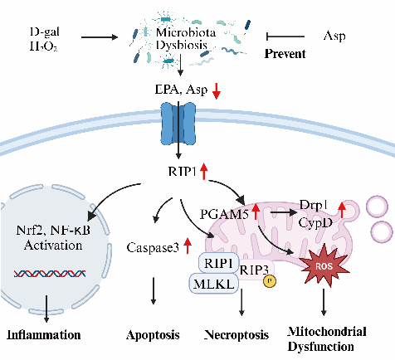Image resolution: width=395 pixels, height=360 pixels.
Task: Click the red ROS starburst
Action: (324, 266)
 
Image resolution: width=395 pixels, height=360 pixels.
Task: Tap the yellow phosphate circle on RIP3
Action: (270, 281)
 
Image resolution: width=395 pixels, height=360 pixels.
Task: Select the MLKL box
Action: (213, 284)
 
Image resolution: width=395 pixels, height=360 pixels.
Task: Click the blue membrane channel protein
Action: (178, 124)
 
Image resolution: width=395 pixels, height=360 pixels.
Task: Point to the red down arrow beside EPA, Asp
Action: (217, 91)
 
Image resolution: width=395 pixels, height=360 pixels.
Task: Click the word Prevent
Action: (285, 54)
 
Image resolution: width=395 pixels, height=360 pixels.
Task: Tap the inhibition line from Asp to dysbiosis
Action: (285, 36)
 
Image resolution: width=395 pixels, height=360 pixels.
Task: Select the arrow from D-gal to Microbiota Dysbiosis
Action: (100, 36)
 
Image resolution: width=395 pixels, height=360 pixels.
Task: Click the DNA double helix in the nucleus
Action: (50, 274)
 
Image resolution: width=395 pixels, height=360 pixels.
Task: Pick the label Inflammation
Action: (44, 335)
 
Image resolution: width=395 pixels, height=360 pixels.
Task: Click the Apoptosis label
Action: (153, 335)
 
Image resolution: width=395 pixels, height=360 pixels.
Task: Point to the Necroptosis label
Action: (237, 335)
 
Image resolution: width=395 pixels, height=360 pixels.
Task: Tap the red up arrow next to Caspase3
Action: (188, 246)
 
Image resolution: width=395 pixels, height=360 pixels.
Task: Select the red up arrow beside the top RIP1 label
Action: (204, 171)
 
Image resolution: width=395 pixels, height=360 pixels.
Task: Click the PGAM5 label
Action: (224, 214)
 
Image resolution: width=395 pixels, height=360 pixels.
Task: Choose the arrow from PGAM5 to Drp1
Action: (283, 212)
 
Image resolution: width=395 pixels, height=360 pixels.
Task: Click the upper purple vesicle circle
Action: (378, 207)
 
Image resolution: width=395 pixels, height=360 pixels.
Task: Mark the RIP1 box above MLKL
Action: (218, 263)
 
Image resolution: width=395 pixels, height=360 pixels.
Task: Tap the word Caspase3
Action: (153, 248)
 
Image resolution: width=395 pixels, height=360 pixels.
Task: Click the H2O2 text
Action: (44, 46)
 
